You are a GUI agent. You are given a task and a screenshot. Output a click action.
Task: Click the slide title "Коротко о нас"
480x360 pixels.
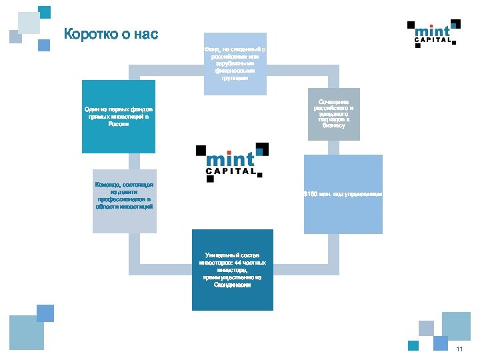tap(111, 34)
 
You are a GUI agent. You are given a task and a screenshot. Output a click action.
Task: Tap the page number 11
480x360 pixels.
tap(459, 350)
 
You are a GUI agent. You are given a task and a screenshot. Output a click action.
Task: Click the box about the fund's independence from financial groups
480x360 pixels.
tap(235, 63)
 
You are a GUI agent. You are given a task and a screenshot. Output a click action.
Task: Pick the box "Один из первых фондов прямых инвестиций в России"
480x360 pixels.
tap(119, 117)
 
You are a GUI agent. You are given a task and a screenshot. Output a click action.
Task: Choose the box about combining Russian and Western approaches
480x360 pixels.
tap(333, 113)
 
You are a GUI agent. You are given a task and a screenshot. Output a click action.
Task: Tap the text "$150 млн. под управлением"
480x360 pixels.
tap(343, 194)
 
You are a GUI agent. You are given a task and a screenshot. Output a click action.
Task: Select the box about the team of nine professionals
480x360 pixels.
tap(125, 201)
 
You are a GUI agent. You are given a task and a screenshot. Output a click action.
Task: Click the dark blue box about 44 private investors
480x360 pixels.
tap(233, 269)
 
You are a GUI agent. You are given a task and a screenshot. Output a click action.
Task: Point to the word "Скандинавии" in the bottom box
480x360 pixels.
tap(233, 285)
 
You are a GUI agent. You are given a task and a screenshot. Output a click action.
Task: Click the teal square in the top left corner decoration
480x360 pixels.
tap(45, 12)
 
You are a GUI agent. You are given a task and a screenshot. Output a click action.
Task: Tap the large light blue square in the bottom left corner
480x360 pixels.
tap(26, 333)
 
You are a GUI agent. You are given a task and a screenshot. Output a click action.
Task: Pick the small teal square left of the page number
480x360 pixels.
tap(413, 345)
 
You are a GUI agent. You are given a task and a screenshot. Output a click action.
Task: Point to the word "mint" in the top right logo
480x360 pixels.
tap(432, 29)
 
